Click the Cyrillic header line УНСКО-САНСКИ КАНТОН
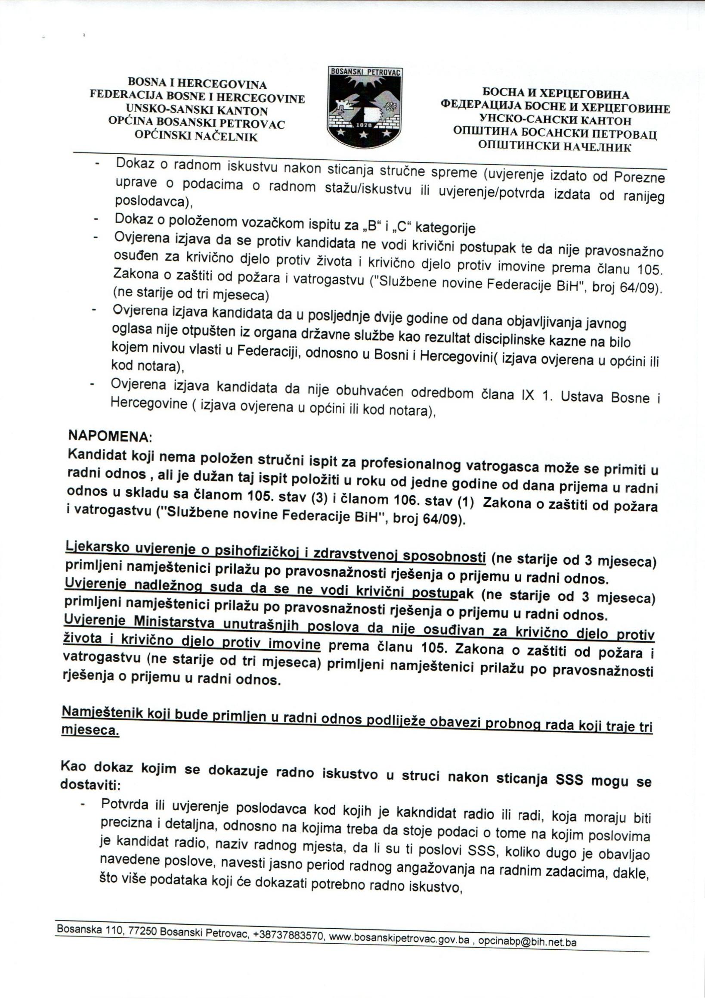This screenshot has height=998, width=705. [555, 120]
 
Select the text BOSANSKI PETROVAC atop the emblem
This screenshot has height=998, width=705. [365, 72]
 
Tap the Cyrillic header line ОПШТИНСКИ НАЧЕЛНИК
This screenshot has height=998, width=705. [555, 146]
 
